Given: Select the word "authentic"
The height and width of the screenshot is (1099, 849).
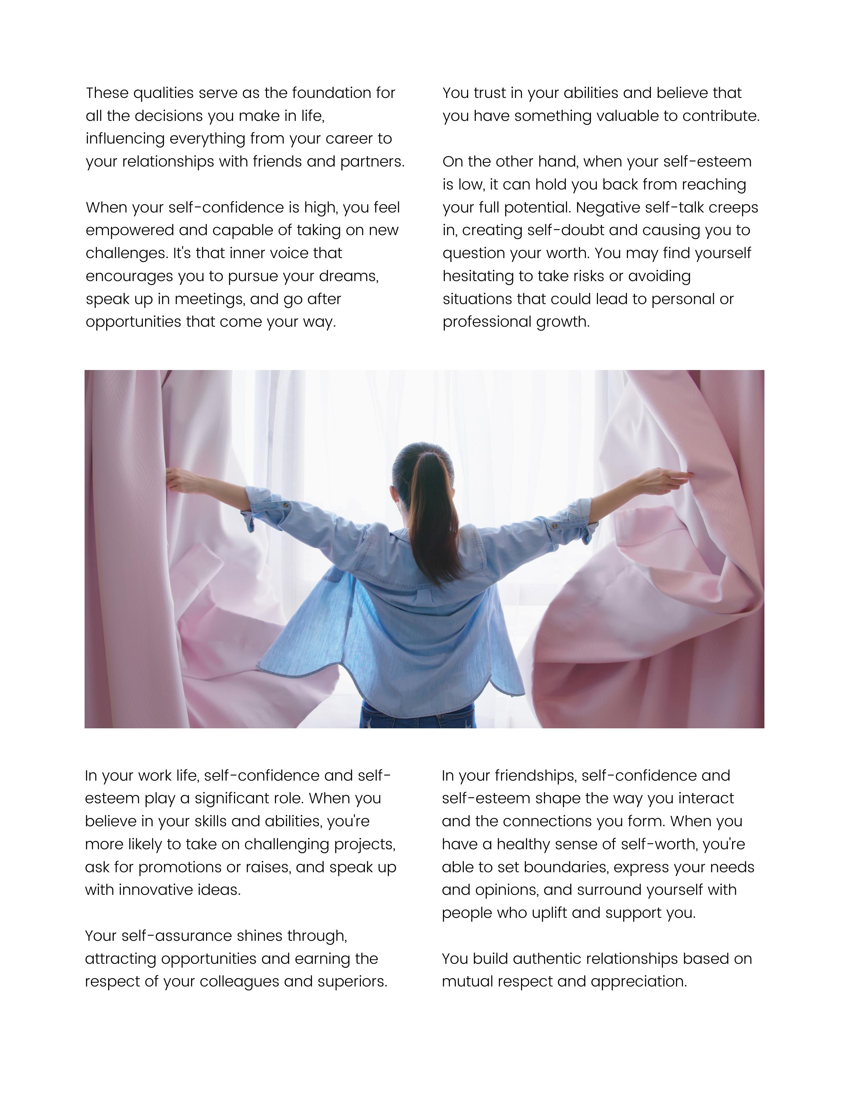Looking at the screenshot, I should (x=547, y=958).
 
